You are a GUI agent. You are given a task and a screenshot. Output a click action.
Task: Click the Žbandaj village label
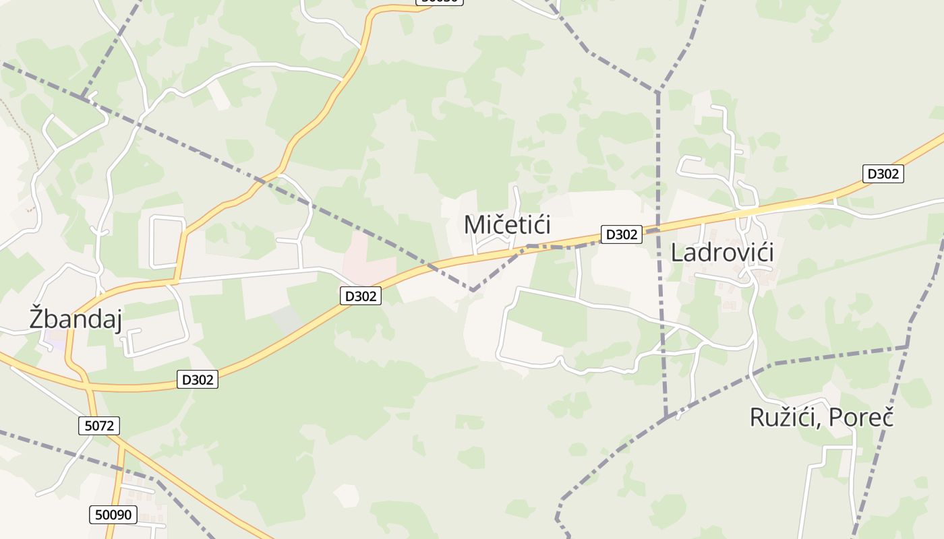tap(76, 318)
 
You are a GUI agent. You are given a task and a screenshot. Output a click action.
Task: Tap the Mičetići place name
tap(507, 224)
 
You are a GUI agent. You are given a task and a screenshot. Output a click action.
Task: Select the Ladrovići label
tap(721, 252)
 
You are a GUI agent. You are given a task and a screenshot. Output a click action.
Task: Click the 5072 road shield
tap(99, 426)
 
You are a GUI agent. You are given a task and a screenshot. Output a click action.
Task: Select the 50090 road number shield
tap(113, 515)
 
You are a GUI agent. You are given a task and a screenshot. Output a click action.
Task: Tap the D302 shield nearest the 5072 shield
tap(198, 380)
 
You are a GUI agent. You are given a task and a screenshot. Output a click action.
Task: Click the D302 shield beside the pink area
tap(360, 296)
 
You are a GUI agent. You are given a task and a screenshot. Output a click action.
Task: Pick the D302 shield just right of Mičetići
tap(621, 234)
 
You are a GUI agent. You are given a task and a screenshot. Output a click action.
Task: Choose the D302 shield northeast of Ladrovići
tap(883, 174)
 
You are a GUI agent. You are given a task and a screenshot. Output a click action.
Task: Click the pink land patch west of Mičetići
tap(367, 259)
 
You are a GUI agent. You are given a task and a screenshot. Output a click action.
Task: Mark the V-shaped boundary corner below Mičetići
tap(474, 290)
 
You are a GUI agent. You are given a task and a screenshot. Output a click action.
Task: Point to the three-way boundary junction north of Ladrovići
tap(657, 92)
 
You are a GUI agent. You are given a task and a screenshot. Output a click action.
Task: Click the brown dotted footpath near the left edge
tap(20, 121)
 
